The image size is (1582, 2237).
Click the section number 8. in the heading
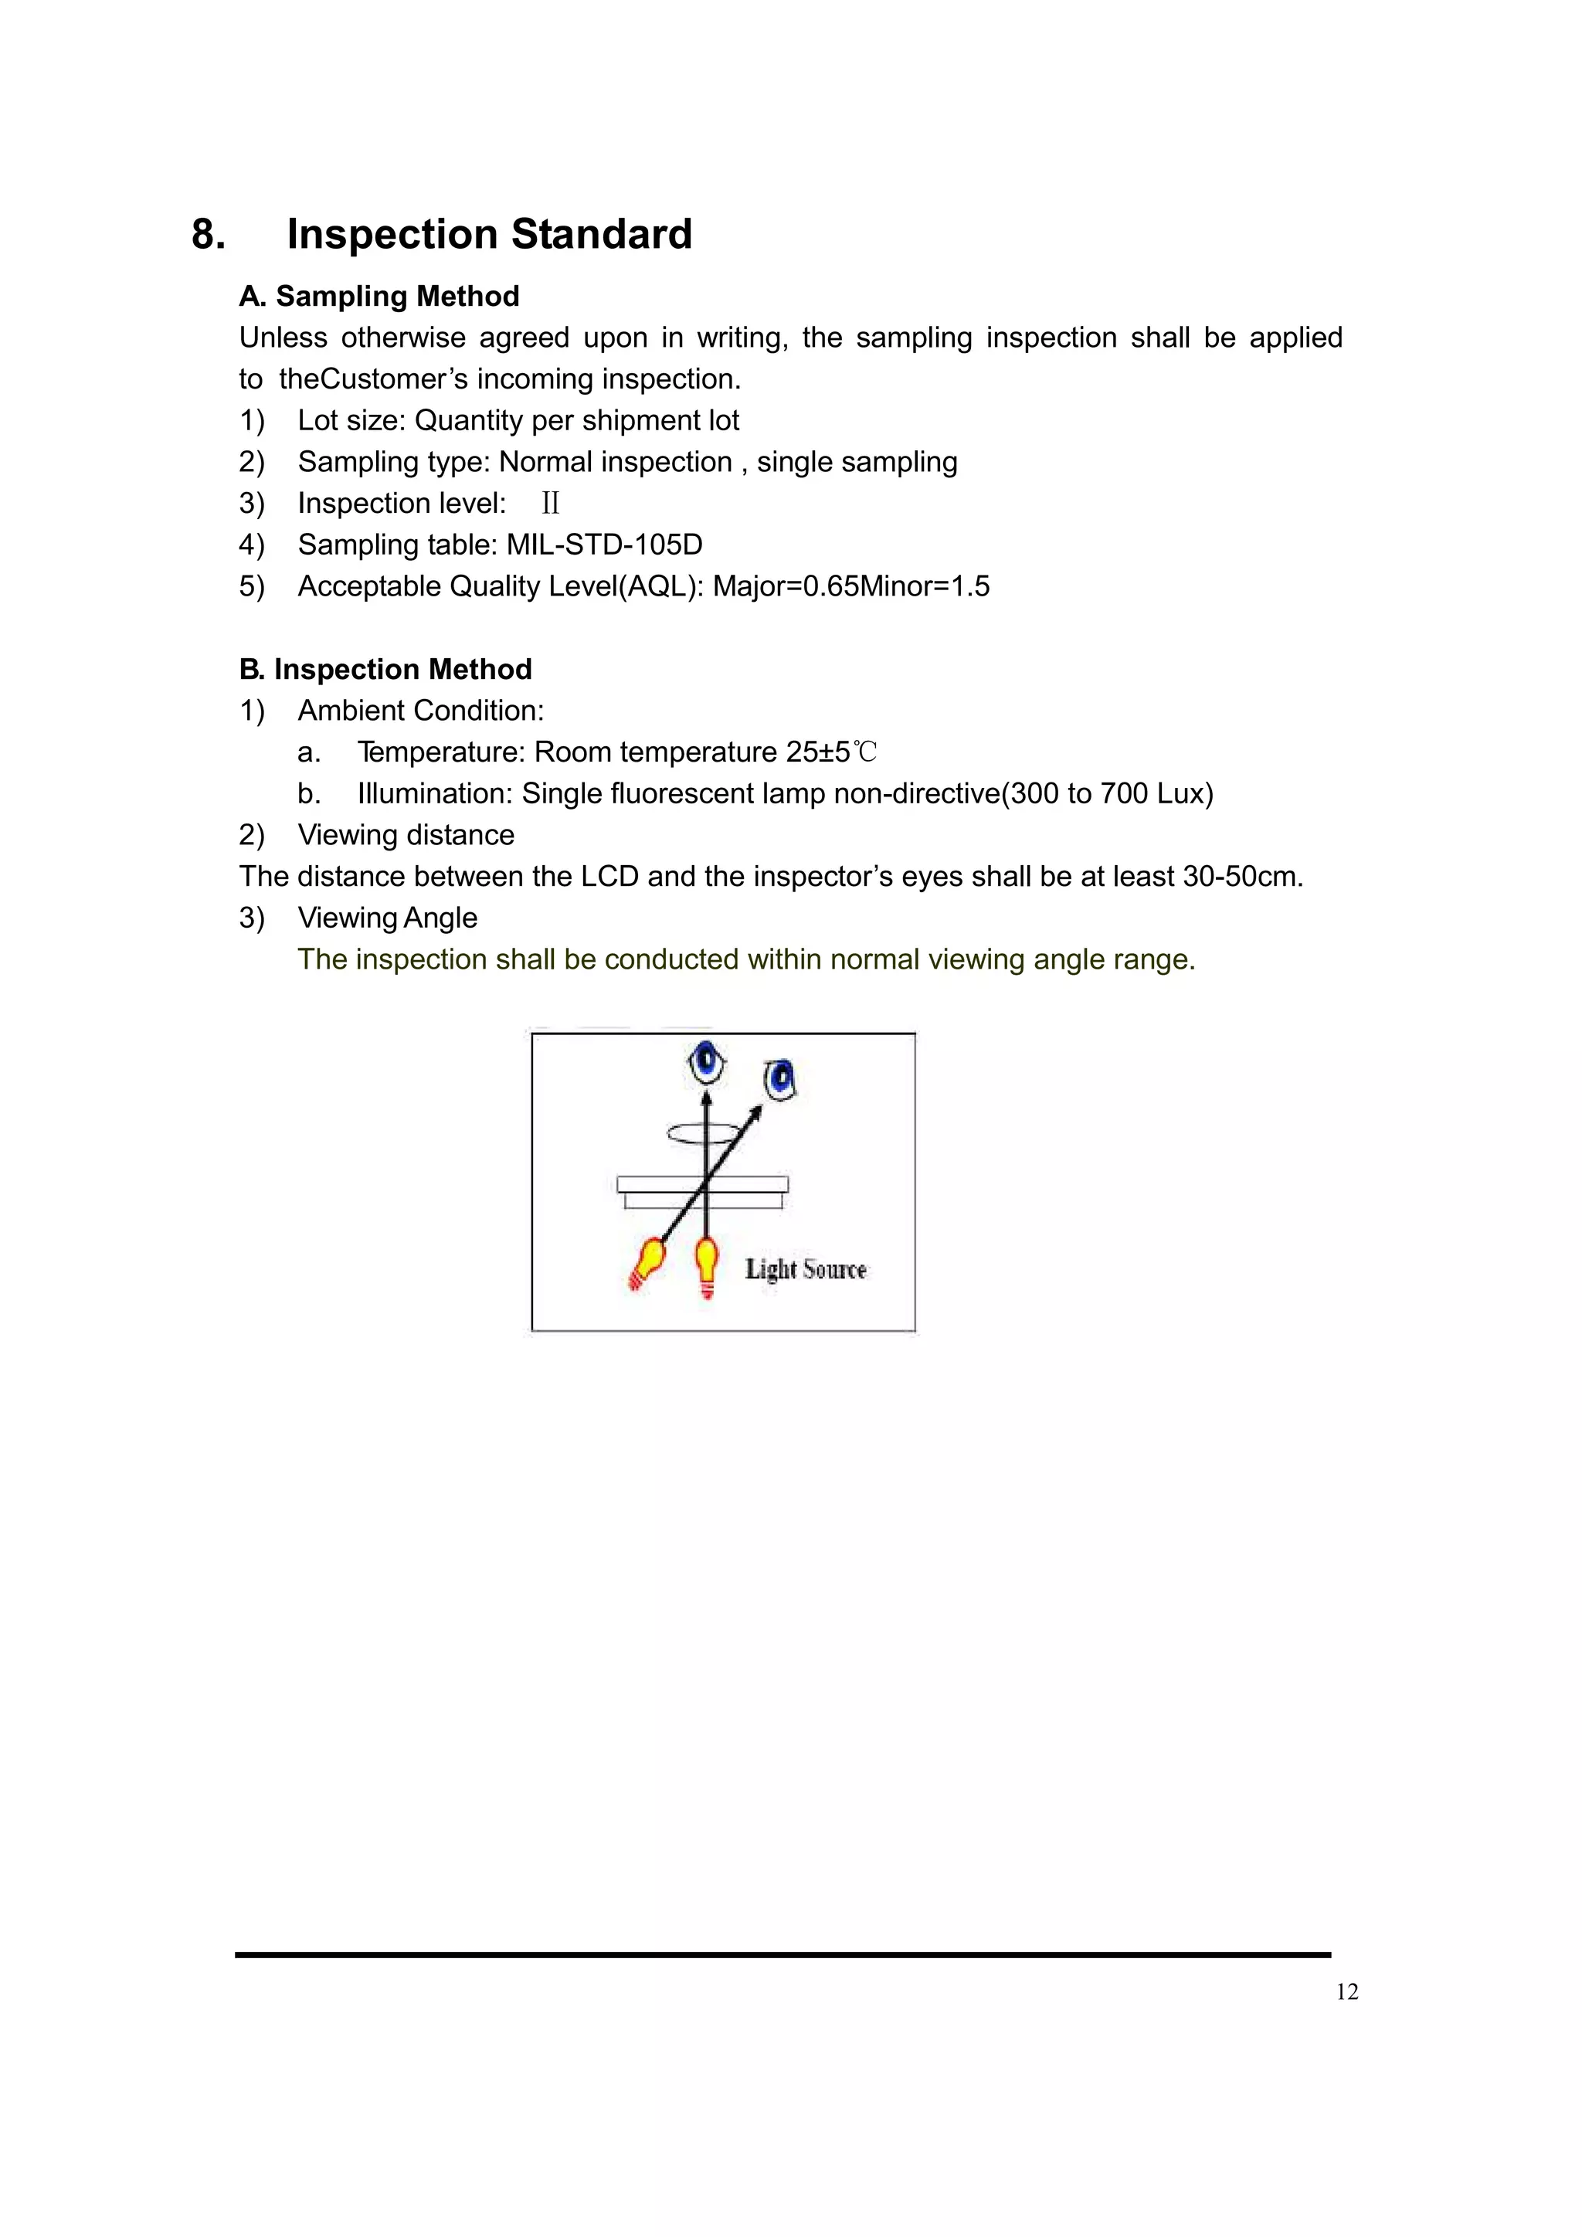click(x=209, y=235)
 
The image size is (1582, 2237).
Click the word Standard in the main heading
click(x=601, y=235)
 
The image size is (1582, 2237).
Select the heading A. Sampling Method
click(x=379, y=296)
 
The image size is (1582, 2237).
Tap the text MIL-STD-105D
click(x=604, y=545)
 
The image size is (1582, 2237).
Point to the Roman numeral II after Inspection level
click(x=551, y=504)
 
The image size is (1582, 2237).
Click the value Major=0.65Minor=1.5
click(x=850, y=586)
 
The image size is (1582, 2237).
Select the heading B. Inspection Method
click(x=385, y=670)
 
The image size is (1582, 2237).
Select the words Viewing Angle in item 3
click(x=388, y=918)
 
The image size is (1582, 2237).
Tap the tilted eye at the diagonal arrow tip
click(x=780, y=1078)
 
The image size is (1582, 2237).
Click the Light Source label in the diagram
click(x=806, y=1270)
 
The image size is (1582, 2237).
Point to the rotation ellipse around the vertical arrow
click(x=704, y=1132)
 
